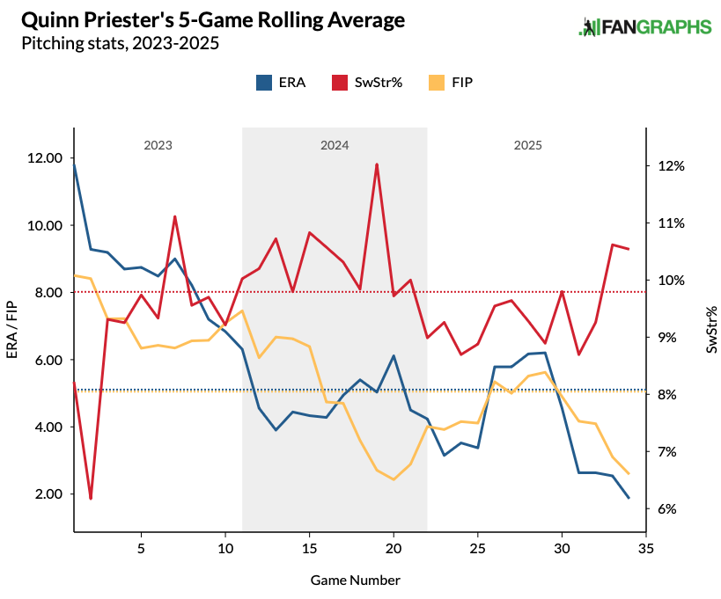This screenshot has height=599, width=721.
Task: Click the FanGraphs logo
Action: pos(644,27)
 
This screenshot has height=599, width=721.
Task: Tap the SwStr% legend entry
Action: pos(366,82)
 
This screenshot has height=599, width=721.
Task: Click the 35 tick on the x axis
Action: pos(646,548)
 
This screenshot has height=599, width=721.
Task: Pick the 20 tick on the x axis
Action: pos(394,548)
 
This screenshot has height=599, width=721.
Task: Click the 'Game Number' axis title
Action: pos(356,581)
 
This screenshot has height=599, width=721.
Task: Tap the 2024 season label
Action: pos(335,145)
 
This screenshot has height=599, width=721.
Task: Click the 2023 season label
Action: pos(158,145)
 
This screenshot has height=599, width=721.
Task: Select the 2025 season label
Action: pos(527,145)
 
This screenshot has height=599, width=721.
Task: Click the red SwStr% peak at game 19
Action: pos(377,164)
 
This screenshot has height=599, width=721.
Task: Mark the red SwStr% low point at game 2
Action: pos(91,499)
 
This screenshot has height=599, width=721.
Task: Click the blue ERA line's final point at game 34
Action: pos(629,498)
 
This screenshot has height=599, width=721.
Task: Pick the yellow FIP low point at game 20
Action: pos(394,479)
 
